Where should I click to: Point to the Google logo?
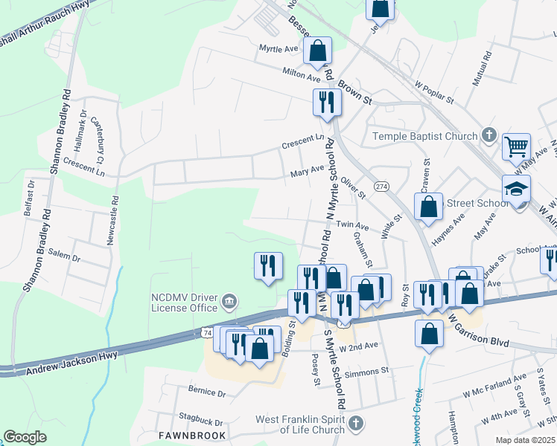point(25,437)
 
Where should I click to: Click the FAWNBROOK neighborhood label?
point(187,433)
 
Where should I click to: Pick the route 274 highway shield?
point(382,186)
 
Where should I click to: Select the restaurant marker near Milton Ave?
point(325,102)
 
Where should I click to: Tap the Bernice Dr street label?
point(206,391)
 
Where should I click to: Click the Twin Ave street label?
point(352,224)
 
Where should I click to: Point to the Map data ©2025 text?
point(526,440)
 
